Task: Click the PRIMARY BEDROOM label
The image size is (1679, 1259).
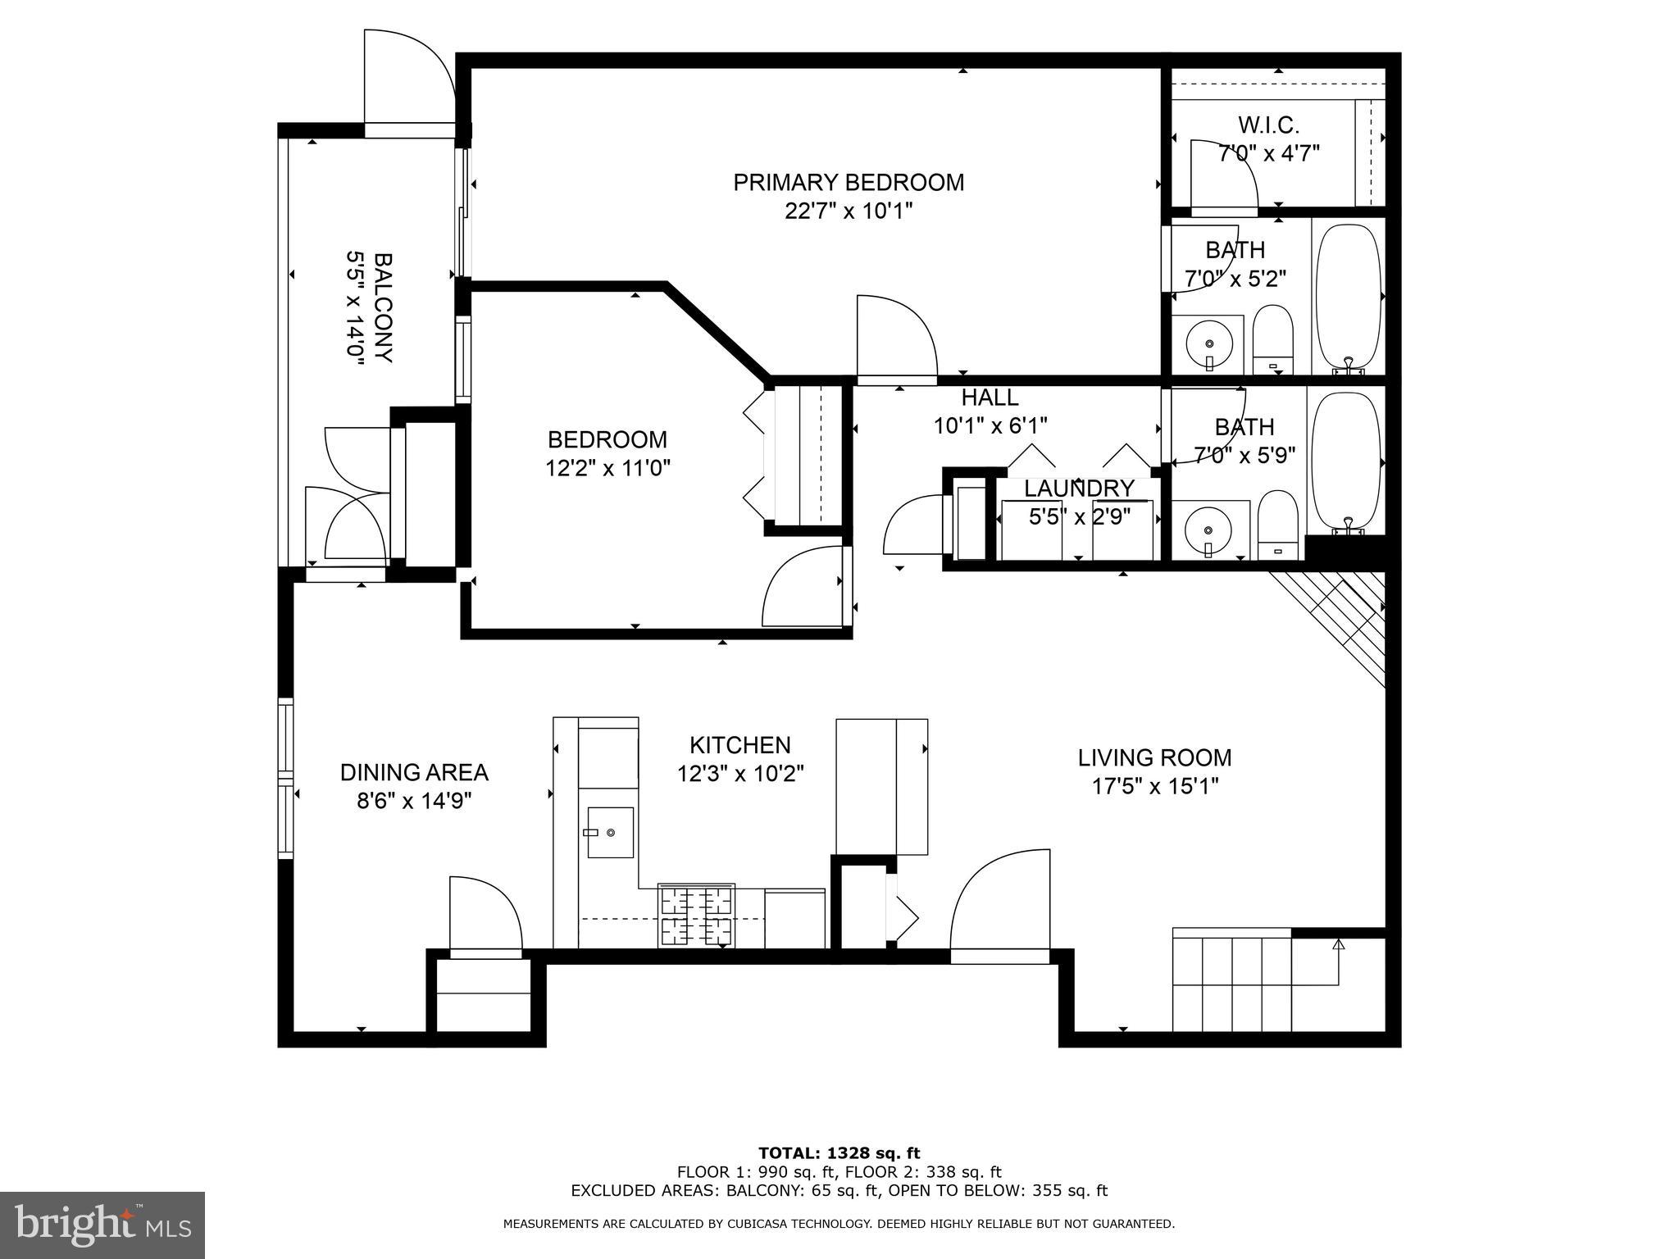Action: click(x=848, y=182)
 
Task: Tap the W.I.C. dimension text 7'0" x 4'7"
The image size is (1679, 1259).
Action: click(x=1268, y=153)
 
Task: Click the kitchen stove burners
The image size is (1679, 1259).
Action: click(x=697, y=916)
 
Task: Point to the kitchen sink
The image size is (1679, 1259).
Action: click(x=610, y=832)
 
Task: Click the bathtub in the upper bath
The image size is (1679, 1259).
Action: click(x=1348, y=295)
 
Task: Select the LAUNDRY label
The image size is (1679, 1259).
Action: click(x=1078, y=489)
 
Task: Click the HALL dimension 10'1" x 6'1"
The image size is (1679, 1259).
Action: click(x=990, y=425)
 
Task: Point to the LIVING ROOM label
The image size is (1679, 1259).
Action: click(x=1154, y=757)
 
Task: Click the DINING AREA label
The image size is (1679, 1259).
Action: click(x=414, y=772)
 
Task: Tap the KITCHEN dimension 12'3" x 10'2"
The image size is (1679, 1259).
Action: click(x=739, y=774)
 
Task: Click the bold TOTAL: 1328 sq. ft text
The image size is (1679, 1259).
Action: click(x=839, y=1153)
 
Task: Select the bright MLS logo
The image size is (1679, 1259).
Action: click(x=102, y=1225)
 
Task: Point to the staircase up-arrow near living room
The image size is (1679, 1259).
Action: click(x=1339, y=945)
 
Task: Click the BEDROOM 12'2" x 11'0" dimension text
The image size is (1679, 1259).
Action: click(x=607, y=468)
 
